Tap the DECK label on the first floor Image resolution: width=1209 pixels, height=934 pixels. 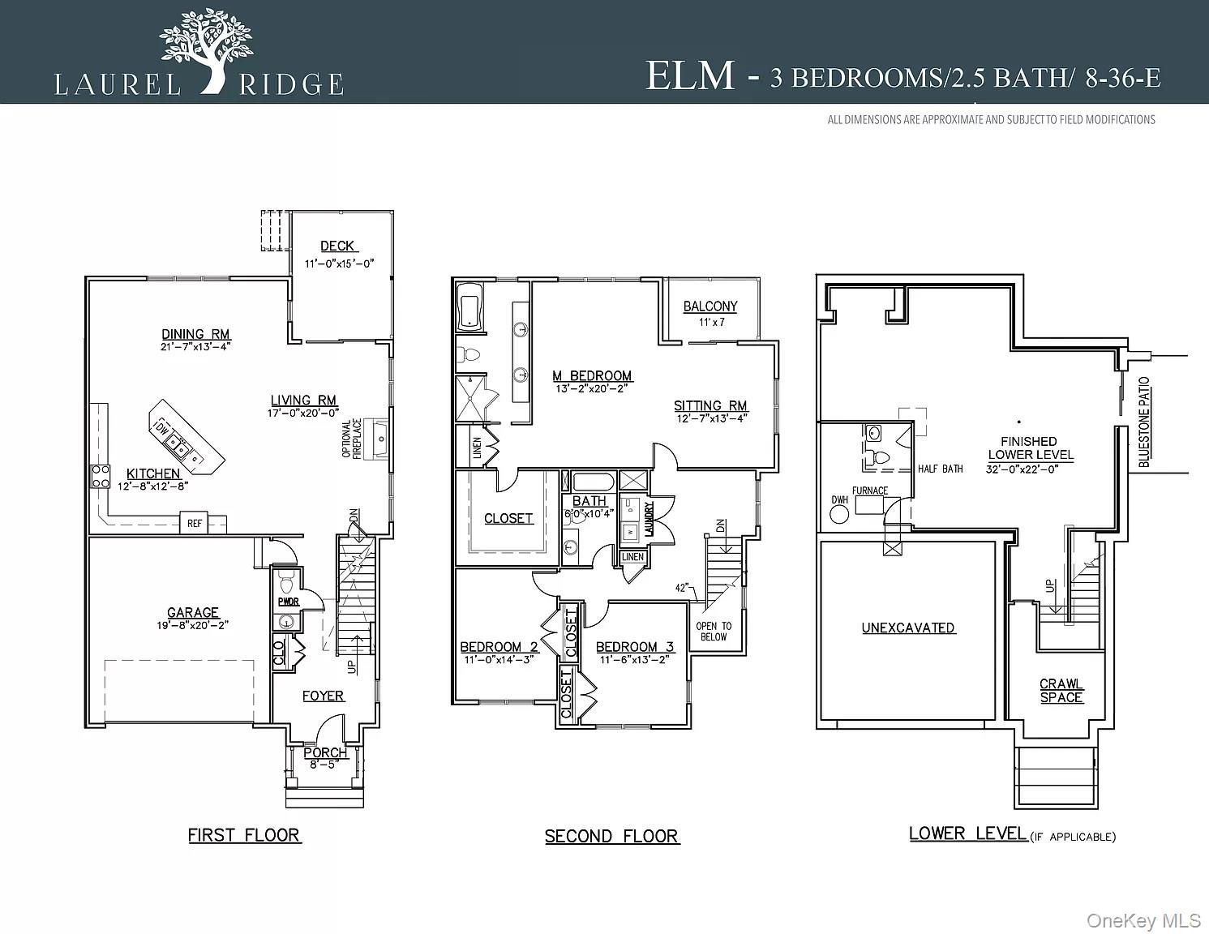(337, 246)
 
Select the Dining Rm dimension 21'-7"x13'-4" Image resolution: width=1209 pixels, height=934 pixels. (195, 347)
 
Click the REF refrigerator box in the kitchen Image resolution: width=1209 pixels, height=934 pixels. (195, 524)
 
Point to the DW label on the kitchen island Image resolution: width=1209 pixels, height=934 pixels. (162, 429)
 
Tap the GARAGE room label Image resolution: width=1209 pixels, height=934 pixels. (193, 613)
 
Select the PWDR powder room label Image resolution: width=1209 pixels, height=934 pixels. (288, 602)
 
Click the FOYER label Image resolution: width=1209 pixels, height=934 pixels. (323, 696)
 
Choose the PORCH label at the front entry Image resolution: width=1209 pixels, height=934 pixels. (325, 753)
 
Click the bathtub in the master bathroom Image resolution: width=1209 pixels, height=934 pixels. (471, 307)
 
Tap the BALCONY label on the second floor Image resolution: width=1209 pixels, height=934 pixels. (710, 306)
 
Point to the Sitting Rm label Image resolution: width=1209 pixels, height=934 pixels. (710, 406)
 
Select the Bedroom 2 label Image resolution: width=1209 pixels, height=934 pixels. (499, 647)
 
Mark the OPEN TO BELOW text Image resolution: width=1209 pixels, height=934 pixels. (714, 632)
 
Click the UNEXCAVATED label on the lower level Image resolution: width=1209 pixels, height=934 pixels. (908, 628)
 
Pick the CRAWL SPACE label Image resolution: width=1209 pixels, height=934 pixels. (1061, 691)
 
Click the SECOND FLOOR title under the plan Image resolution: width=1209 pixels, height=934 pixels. (611, 837)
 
